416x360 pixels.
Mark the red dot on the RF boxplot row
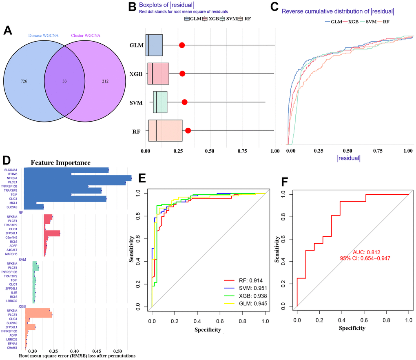tap(188, 131)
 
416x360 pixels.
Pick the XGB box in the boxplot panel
tap(158, 73)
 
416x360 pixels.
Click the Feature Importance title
tap(60, 162)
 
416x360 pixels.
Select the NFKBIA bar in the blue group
tap(78, 178)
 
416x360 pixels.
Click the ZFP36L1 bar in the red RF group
tap(52, 233)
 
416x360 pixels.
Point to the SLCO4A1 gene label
tap(13, 170)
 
